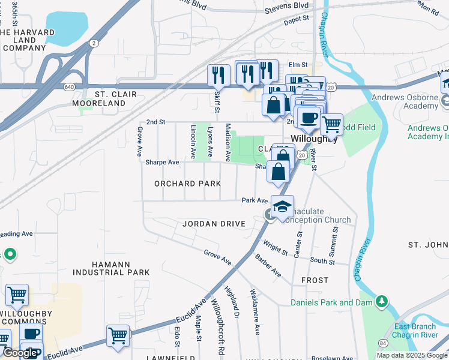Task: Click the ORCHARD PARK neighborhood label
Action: point(187,183)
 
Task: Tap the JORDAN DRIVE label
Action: point(214,224)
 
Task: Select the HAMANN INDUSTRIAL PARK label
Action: point(112,268)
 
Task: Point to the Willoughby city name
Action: point(312,138)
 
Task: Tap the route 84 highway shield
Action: point(383,343)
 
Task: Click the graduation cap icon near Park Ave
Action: point(282,206)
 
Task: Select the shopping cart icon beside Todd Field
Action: point(331,124)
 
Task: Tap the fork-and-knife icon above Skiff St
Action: point(218,75)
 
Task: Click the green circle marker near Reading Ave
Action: point(10,255)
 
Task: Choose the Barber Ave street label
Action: point(268,265)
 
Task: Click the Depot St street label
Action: point(297,19)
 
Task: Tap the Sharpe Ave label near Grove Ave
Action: point(162,162)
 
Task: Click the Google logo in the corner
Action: point(19,353)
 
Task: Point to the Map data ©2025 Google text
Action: point(411,355)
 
